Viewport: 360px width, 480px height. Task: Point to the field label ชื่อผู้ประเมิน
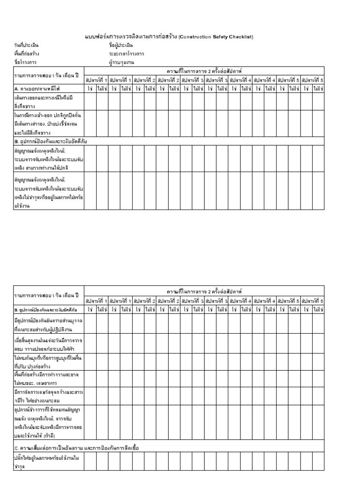click(x=121, y=45)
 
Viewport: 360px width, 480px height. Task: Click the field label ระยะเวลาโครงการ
click(x=125, y=53)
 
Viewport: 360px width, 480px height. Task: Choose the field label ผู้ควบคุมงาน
click(x=121, y=61)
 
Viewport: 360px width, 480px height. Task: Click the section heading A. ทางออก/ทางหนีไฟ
click(x=37, y=88)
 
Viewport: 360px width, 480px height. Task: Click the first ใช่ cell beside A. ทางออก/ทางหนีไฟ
click(x=90, y=88)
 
